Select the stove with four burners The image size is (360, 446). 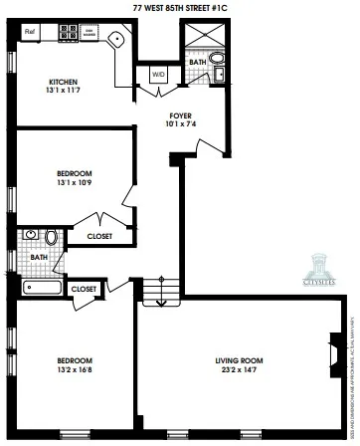70,32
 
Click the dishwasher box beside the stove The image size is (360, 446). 91,32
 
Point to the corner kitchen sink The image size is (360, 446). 117,41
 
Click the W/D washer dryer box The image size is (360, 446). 158,76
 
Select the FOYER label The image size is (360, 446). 181,115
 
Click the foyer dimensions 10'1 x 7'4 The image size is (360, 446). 181,126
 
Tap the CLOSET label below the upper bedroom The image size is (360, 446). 99,236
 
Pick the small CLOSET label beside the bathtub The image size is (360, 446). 85,289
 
